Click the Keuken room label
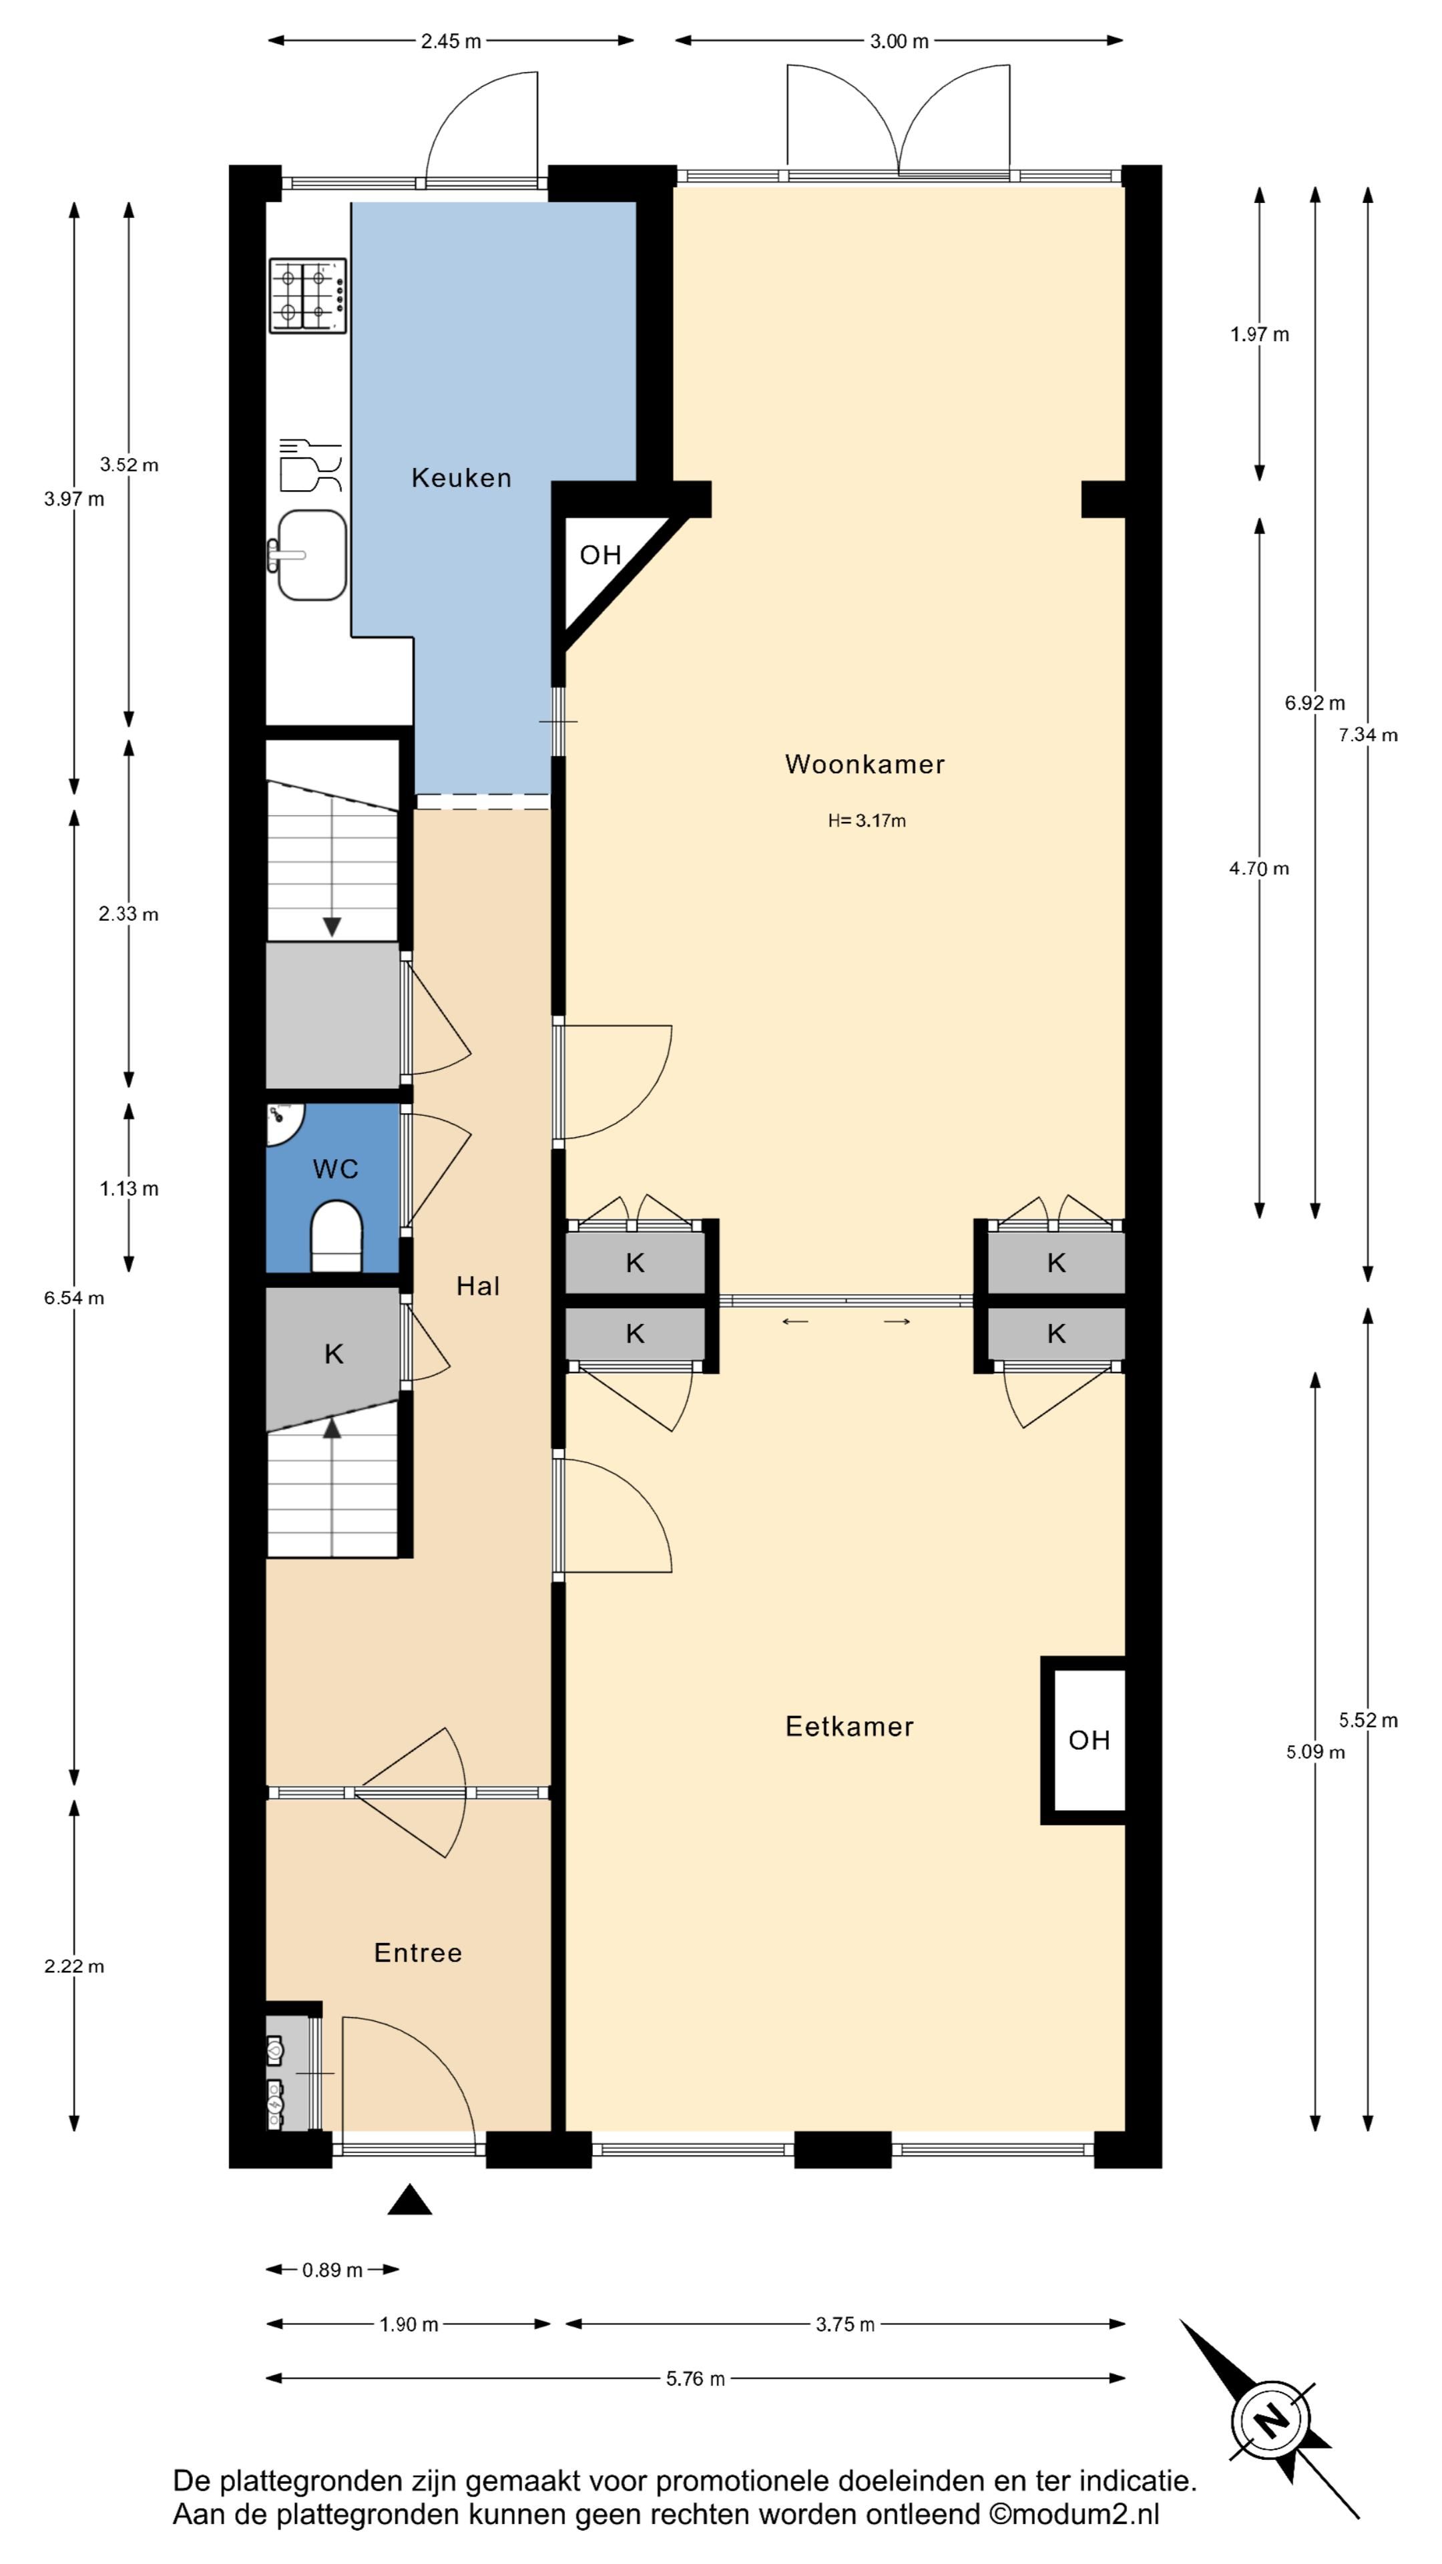(461, 478)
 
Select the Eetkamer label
(849, 1726)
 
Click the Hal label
(478, 1286)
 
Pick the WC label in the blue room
(335, 1168)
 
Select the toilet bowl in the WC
(336, 1236)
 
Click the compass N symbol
(1270, 2418)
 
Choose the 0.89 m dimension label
(332, 2270)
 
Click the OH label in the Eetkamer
(1089, 1740)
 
